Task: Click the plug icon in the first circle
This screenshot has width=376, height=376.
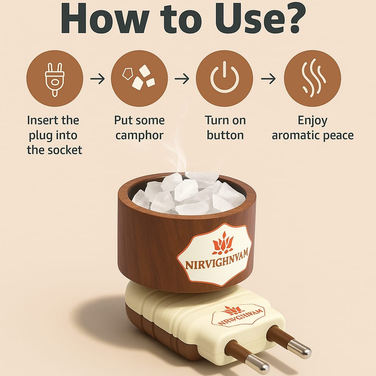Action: pyautogui.click(x=54, y=79)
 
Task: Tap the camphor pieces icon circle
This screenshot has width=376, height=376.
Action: pyautogui.click(x=139, y=79)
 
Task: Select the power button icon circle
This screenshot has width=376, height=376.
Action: pyautogui.click(x=224, y=79)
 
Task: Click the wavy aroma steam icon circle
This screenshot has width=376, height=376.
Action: pyautogui.click(x=312, y=79)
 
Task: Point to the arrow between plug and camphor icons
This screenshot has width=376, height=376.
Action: pyautogui.click(x=97, y=79)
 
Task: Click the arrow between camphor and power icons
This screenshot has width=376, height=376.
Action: pyautogui.click(x=182, y=79)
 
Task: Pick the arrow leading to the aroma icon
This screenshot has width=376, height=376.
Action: pyautogui.click(x=268, y=79)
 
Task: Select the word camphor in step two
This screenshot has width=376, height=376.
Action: pyautogui.click(x=139, y=135)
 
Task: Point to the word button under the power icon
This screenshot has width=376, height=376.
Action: pyautogui.click(x=225, y=135)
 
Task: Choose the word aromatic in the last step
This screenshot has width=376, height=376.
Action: pyautogui.click(x=296, y=135)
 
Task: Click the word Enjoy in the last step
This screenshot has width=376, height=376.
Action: pyautogui.click(x=312, y=120)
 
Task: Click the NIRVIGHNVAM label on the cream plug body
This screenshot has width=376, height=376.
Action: pyautogui.click(x=238, y=315)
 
